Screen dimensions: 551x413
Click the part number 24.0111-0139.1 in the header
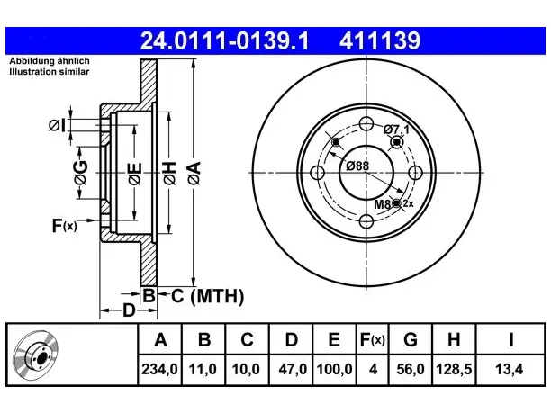(224, 40)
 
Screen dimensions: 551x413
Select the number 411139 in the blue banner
(380, 40)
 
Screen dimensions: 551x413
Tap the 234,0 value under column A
(159, 369)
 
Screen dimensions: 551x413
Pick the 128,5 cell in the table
(454, 369)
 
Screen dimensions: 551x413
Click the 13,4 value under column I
(510, 369)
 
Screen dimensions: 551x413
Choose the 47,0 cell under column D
(293, 369)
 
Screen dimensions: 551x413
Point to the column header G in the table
(410, 339)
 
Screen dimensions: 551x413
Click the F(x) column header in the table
(373, 339)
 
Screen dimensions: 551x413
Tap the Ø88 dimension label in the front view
(357, 166)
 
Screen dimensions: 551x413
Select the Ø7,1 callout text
(396, 130)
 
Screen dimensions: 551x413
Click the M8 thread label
(382, 204)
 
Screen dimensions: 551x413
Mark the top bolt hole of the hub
(366, 123)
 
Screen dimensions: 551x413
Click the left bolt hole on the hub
(317, 173)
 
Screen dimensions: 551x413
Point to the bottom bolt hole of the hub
(366, 221)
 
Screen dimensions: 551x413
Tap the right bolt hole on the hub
(415, 173)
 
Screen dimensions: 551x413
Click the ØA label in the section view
(194, 173)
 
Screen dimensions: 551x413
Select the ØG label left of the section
(80, 173)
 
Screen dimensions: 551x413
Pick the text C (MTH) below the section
(207, 296)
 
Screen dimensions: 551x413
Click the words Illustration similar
(50, 72)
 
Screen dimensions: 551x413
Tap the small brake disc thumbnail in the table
(36, 355)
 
